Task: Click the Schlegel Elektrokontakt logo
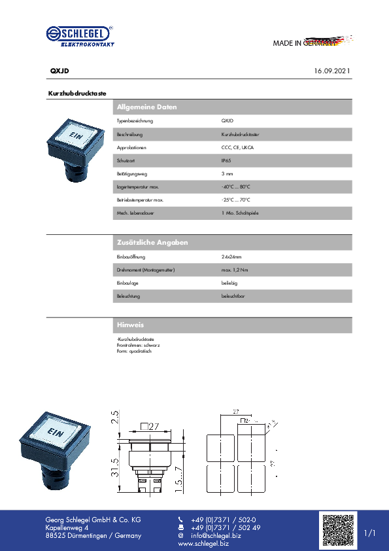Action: [x=80, y=36]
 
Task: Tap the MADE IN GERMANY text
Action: [x=305, y=43]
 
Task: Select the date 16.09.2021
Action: [x=331, y=70]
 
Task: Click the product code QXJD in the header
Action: [x=59, y=70]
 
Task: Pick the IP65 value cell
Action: [x=226, y=160]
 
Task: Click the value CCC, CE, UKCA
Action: [x=238, y=147]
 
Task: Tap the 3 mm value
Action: [x=227, y=173]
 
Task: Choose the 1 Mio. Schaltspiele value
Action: [x=240, y=213]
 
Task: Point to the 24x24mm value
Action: [x=231, y=257]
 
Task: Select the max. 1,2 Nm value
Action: [x=235, y=270]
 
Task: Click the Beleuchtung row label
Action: [x=128, y=296]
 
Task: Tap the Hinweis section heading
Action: [x=130, y=325]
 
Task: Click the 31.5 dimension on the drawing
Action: [x=114, y=467]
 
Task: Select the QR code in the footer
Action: [x=338, y=530]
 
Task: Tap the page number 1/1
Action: [x=370, y=533]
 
